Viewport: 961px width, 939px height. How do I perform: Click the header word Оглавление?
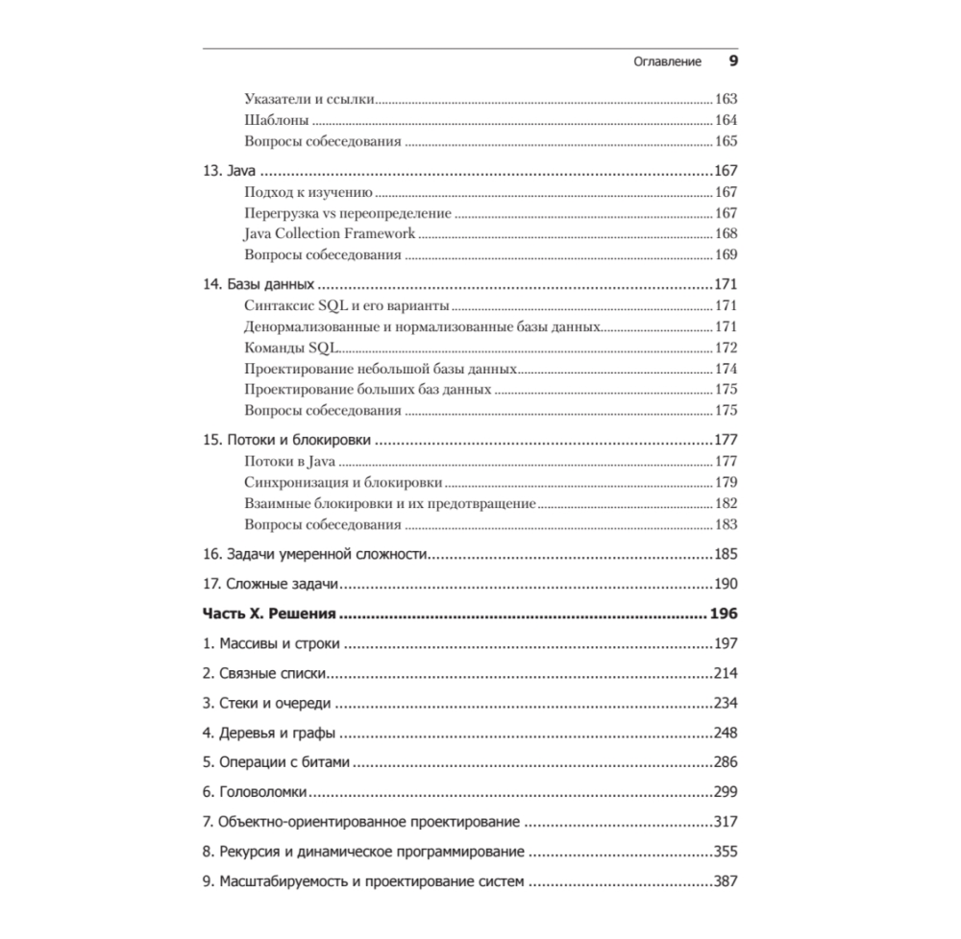click(x=668, y=62)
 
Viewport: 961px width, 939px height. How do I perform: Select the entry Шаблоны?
click(x=277, y=121)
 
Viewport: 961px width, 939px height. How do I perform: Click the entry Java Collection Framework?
click(x=330, y=233)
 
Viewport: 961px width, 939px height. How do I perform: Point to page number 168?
click(x=726, y=233)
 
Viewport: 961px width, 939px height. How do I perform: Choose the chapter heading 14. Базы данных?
click(x=259, y=285)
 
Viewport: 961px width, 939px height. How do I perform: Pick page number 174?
click(x=726, y=369)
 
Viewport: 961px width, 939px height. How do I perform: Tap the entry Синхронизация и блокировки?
click(x=343, y=483)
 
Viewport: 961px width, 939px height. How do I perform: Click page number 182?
click(x=726, y=504)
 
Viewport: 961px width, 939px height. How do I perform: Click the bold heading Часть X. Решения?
click(x=268, y=614)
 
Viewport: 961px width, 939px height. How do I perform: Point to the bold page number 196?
click(x=723, y=614)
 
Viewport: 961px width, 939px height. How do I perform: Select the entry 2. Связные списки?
click(x=265, y=674)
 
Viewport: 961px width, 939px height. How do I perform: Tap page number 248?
click(x=726, y=734)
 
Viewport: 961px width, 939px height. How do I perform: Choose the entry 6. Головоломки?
click(x=255, y=793)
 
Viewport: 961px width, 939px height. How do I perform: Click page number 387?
click(x=726, y=882)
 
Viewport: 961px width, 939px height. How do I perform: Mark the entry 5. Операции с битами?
click(x=276, y=763)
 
